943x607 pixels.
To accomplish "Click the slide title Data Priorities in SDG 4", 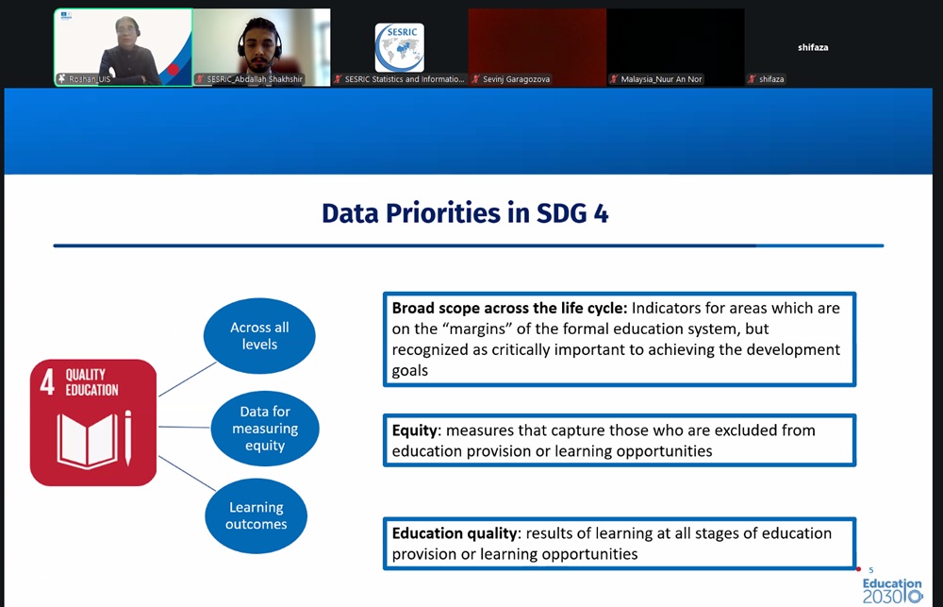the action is pos(465,213).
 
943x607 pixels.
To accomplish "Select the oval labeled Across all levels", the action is pos(259,336).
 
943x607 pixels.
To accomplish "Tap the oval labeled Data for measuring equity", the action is pos(265,429).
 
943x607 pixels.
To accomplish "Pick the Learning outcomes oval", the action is pos(256,515).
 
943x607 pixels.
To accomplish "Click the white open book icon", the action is pos(87,440).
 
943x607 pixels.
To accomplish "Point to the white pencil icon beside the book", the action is pos(127,438).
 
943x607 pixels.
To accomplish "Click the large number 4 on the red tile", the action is pos(47,381).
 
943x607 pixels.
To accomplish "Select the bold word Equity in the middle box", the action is pos(414,430).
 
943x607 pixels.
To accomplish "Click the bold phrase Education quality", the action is pos(455,533).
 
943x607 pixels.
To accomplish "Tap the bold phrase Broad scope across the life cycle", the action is pos(509,309).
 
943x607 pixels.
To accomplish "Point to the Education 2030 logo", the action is pos(892,591).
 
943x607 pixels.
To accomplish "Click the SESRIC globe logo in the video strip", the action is pos(399,48).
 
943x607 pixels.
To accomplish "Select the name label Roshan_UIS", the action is pos(90,79).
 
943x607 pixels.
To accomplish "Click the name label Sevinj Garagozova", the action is pos(516,79).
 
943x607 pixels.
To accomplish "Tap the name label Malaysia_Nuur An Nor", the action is pos(661,79).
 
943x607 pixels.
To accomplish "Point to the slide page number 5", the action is pos(870,569).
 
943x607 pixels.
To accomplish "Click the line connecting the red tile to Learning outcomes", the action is pos(187,473).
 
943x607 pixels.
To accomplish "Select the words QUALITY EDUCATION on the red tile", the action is pos(92,382).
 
